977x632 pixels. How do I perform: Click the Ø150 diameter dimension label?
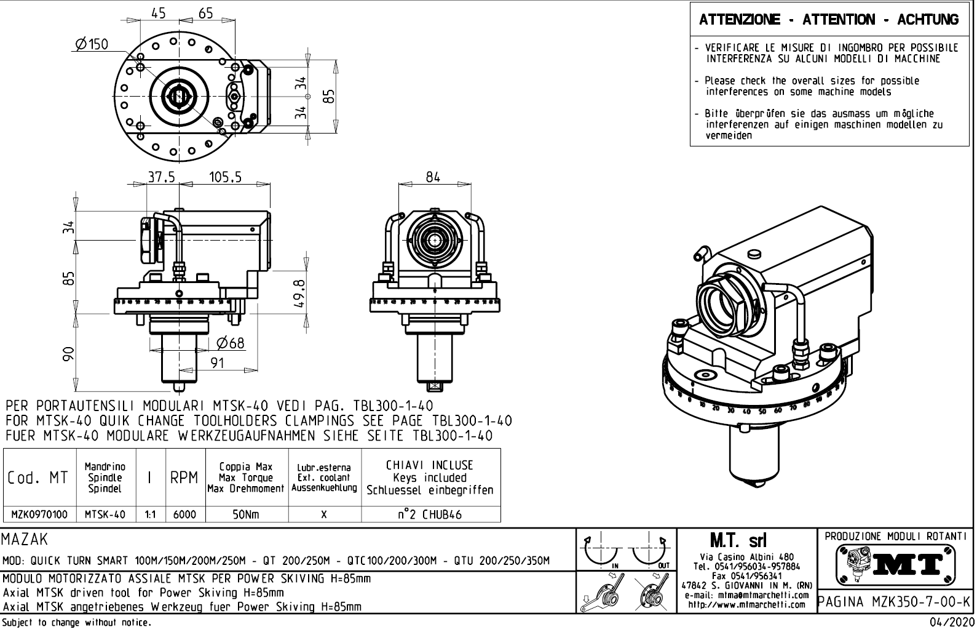click(x=92, y=44)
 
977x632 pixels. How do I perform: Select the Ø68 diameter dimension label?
click(x=232, y=342)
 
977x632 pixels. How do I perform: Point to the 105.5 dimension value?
click(x=225, y=177)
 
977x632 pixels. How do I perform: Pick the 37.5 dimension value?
click(x=161, y=177)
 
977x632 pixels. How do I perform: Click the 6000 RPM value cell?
click(x=184, y=514)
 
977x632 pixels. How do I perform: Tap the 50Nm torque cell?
click(x=247, y=514)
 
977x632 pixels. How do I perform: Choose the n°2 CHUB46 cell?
click(x=430, y=514)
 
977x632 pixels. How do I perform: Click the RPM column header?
click(x=184, y=478)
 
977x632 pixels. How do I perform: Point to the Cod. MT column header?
click(x=38, y=478)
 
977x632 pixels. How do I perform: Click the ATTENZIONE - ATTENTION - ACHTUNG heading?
click(x=829, y=20)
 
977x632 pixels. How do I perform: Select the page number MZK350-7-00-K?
click(x=896, y=601)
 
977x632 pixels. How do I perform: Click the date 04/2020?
click(x=949, y=623)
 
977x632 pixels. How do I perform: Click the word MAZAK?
click(x=25, y=540)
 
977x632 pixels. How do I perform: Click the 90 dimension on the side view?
click(x=69, y=352)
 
